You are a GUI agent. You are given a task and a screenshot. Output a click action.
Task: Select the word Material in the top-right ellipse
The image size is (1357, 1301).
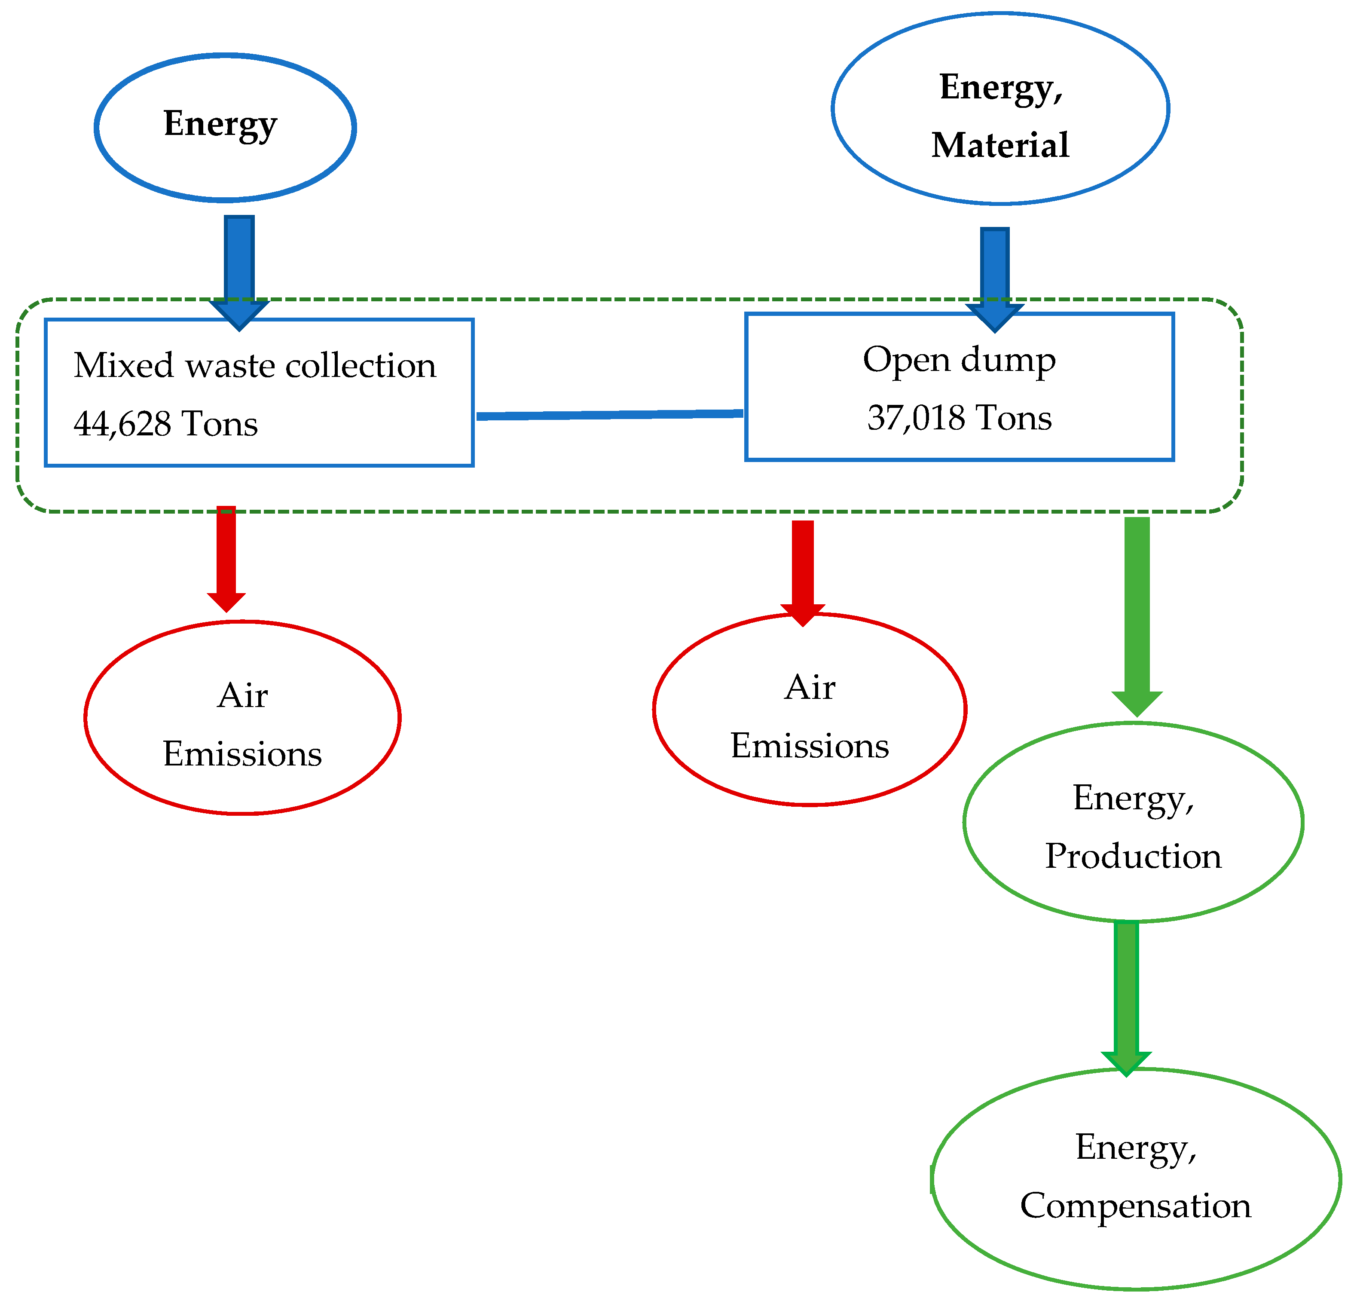(x=1000, y=145)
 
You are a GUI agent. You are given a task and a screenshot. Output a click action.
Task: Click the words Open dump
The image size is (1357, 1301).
(x=959, y=360)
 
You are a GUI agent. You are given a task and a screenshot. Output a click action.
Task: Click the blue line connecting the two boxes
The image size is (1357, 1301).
(x=609, y=415)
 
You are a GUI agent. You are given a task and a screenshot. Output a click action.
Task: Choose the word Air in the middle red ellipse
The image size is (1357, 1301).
(x=810, y=688)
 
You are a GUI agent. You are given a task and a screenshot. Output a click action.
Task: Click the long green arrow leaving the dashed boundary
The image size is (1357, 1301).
(x=1137, y=609)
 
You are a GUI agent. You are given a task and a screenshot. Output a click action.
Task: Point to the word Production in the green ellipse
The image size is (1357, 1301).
(x=1133, y=857)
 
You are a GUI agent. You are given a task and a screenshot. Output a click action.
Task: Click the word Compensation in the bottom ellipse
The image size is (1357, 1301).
(x=1135, y=1206)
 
